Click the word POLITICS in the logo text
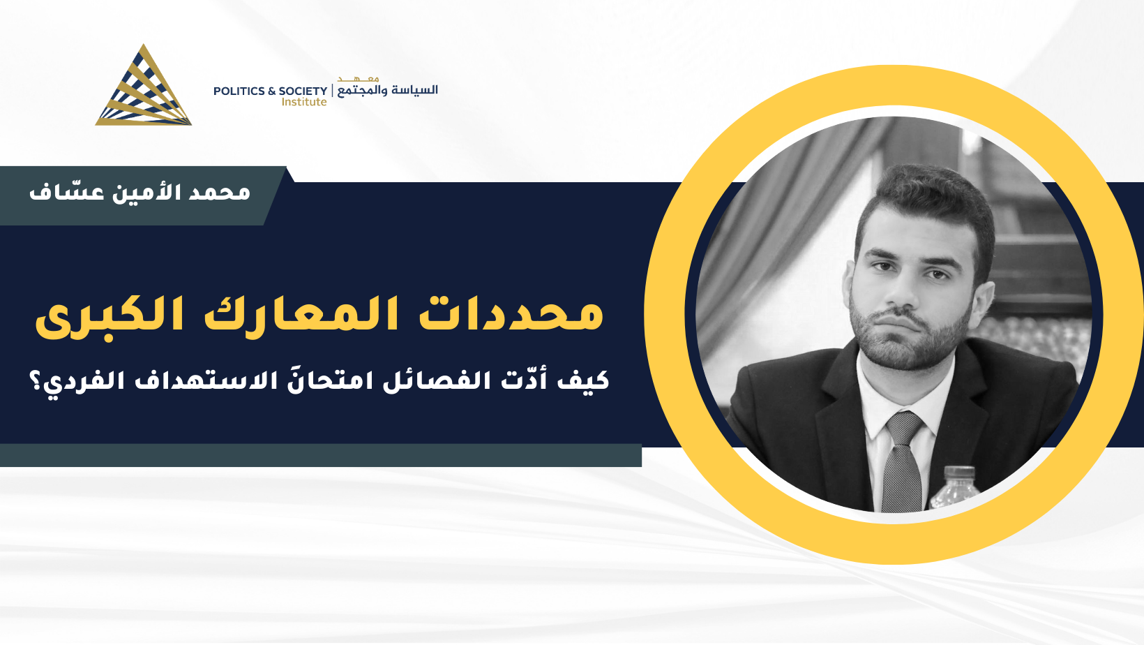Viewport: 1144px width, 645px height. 239,91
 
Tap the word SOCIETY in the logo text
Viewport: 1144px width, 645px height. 303,91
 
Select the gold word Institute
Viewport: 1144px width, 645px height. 304,102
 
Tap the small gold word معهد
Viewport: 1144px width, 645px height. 358,79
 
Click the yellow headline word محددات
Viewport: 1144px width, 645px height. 511,313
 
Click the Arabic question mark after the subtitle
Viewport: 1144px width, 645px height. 37,381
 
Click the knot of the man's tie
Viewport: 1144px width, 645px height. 905,429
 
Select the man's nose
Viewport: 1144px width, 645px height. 901,291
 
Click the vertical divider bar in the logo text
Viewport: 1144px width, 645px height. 333,91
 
